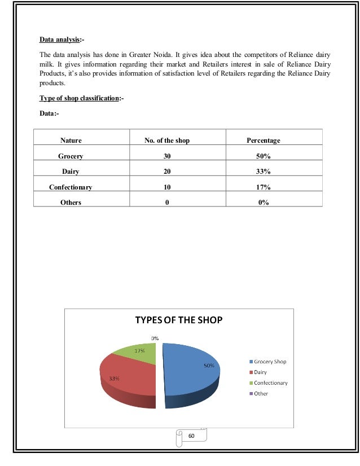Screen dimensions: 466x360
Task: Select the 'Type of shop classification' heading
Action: (x=81, y=98)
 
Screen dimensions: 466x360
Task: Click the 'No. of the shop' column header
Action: (x=167, y=140)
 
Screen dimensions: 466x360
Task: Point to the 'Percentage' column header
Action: (x=263, y=140)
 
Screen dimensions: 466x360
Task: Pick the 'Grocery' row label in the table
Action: (x=71, y=156)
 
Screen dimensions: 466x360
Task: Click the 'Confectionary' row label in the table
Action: (x=71, y=187)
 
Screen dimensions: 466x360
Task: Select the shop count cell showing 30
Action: (x=167, y=156)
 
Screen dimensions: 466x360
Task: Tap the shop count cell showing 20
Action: (x=167, y=172)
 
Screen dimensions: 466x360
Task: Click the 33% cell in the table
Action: (x=263, y=172)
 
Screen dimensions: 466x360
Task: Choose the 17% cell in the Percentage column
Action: (x=263, y=187)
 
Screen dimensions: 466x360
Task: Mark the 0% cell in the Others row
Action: (x=263, y=202)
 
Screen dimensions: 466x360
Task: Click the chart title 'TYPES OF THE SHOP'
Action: (x=178, y=320)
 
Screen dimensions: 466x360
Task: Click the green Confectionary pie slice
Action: (x=138, y=353)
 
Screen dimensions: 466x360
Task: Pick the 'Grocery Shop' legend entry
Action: (x=270, y=362)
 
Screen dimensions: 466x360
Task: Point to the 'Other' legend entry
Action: (x=261, y=393)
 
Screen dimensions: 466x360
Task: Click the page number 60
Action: (x=191, y=436)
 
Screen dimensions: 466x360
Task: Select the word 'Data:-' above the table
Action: (x=49, y=113)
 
